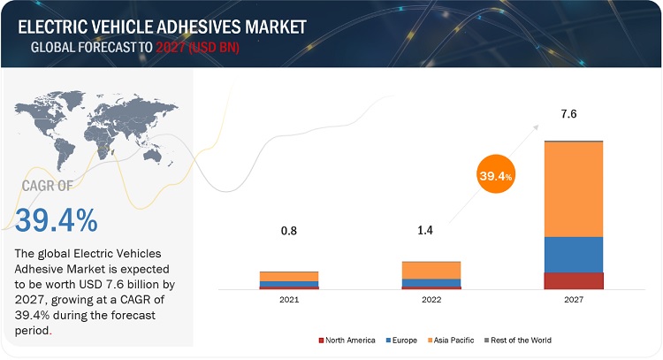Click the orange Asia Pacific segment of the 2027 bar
(x=574, y=189)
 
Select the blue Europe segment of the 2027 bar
(x=574, y=255)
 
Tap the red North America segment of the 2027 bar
(x=574, y=280)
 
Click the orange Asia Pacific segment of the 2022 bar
(x=431, y=270)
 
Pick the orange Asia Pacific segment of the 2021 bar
(x=289, y=276)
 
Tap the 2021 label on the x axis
(x=289, y=300)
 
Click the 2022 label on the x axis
(x=431, y=300)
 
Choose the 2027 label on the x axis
(x=574, y=300)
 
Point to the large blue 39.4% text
(x=57, y=218)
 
